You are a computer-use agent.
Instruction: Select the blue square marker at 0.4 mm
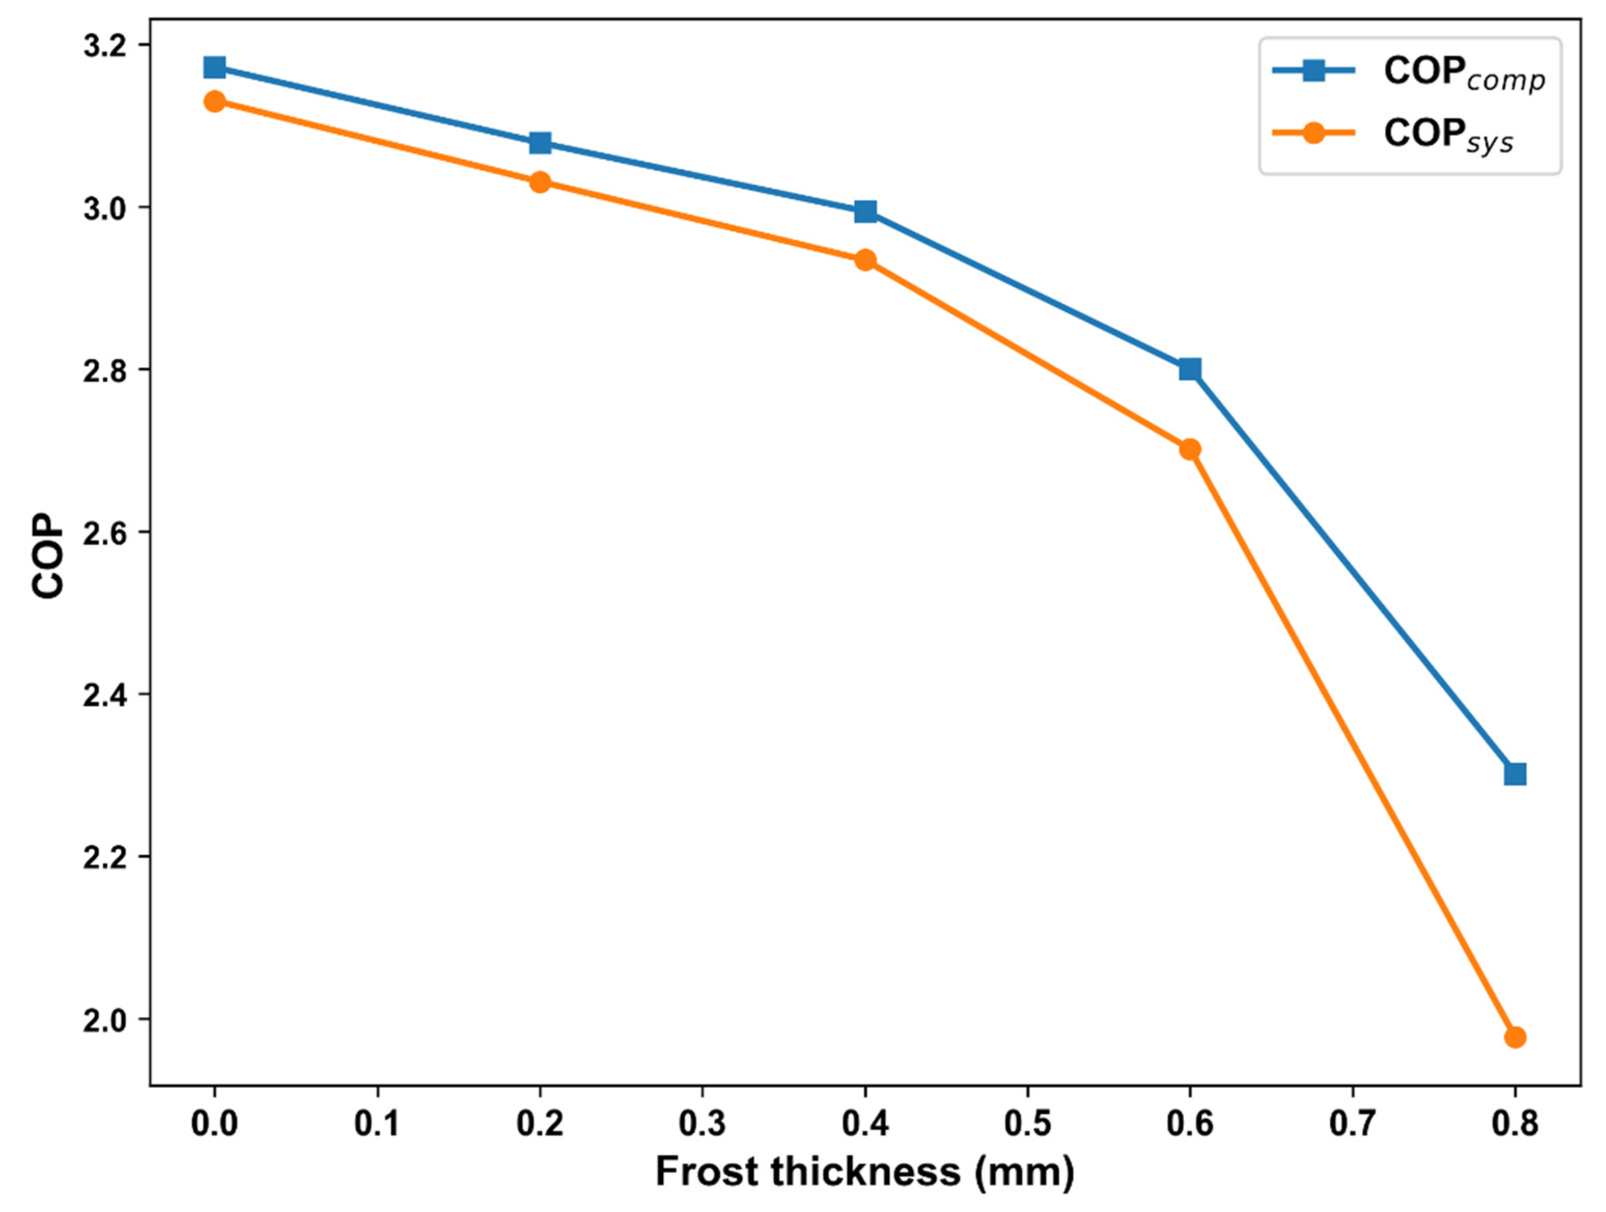(865, 212)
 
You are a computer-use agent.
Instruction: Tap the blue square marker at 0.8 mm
(1515, 774)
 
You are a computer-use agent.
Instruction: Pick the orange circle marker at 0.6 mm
(1189, 449)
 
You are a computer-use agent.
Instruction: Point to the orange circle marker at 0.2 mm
(540, 182)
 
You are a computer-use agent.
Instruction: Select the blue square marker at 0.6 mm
(1189, 369)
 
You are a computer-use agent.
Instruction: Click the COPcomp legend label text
(1463, 73)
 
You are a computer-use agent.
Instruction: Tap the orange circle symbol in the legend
(1313, 133)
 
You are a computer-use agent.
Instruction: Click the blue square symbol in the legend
(1313, 71)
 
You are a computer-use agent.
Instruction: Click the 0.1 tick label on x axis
(377, 1123)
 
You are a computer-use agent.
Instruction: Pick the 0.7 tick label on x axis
(1352, 1123)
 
